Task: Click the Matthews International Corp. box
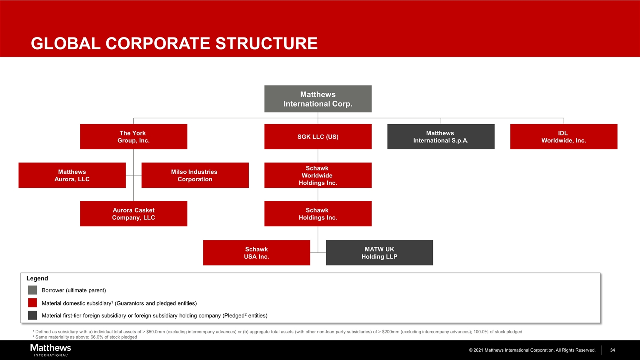pos(317,99)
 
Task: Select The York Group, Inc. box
pos(133,137)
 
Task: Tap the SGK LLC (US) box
pos(317,137)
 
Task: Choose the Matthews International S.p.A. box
pos(440,137)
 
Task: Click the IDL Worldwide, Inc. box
pos(563,137)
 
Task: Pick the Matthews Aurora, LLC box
pos(72,175)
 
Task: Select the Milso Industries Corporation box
pos(195,175)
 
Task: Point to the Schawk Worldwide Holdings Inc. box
pos(317,175)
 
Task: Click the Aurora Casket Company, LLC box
pos(133,214)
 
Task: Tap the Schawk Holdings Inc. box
pos(317,214)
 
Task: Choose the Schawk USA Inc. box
pos(256,253)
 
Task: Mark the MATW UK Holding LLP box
pos(379,253)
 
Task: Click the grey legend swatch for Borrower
pos(32,290)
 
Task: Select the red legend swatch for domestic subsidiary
pos(32,303)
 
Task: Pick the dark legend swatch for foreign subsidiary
pos(32,315)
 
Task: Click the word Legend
pos(37,278)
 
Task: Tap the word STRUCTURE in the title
pos(266,43)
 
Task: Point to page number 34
pos(612,350)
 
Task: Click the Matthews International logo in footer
pos(50,350)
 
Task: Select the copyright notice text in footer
pos(532,350)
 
